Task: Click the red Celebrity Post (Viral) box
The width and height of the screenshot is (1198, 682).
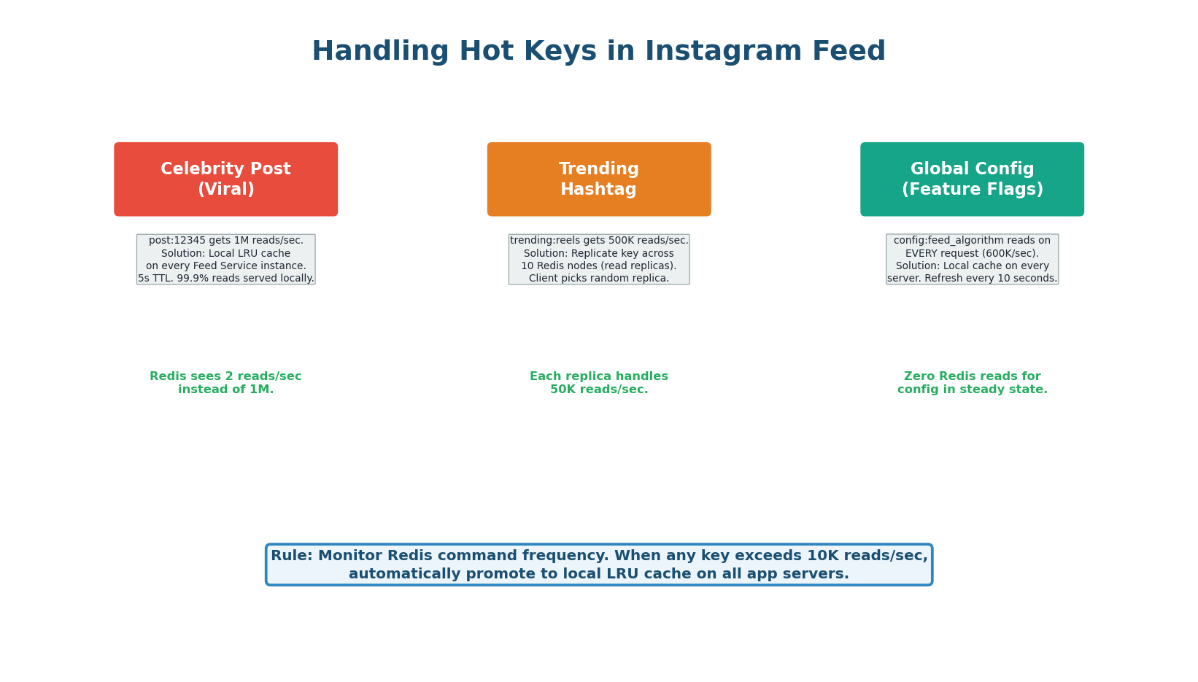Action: click(x=225, y=179)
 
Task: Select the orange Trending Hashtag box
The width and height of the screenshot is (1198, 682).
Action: click(x=598, y=179)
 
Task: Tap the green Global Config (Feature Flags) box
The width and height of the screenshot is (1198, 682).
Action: click(x=972, y=179)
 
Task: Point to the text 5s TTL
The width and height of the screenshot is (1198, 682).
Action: click(x=155, y=279)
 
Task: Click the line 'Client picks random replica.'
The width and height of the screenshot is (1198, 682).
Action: click(x=598, y=279)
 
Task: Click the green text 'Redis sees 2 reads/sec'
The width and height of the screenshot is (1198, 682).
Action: click(x=225, y=376)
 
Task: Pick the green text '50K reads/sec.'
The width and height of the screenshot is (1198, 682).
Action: click(x=598, y=390)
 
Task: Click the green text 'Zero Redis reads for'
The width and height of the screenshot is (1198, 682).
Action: click(x=972, y=376)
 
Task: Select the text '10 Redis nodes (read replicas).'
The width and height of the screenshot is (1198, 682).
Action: click(x=598, y=266)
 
